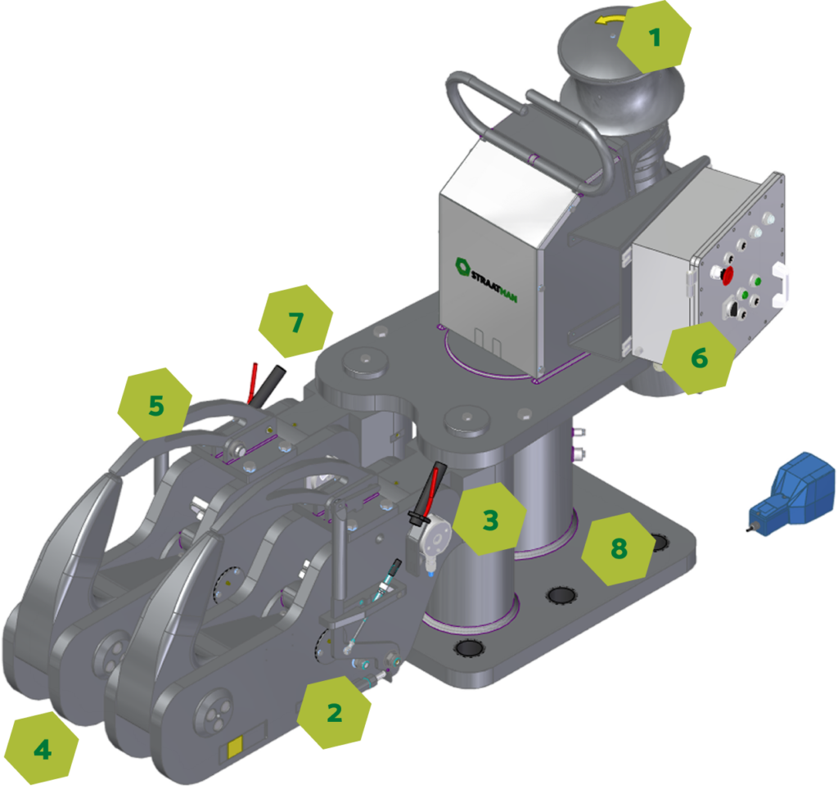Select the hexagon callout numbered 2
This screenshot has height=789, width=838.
(334, 712)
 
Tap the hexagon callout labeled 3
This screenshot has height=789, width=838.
(489, 519)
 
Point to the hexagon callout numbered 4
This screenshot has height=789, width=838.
(43, 749)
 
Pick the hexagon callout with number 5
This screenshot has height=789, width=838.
(155, 404)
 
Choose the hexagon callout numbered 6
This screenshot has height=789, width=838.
(699, 358)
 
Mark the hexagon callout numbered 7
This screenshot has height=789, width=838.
(295, 322)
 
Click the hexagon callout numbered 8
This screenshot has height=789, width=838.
(619, 548)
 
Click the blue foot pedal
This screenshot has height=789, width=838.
(791, 494)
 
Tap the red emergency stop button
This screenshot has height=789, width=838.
(727, 275)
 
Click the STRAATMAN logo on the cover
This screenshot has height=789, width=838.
(485, 280)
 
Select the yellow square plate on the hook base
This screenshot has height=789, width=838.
(235, 746)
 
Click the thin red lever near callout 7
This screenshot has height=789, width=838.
(252, 383)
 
